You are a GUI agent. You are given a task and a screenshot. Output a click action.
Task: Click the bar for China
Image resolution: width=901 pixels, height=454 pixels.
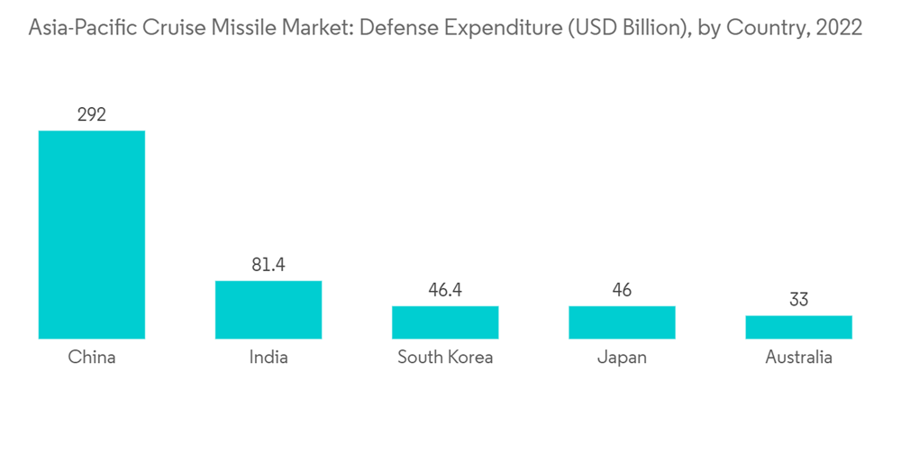pyautogui.click(x=91, y=234)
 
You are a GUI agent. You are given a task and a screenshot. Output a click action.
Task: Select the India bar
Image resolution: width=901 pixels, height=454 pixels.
pyautogui.click(x=268, y=309)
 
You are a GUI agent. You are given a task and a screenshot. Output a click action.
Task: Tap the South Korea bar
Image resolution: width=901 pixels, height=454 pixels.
pyautogui.click(x=445, y=322)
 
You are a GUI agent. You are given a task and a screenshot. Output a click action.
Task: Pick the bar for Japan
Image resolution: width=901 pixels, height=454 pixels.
pyautogui.click(x=622, y=322)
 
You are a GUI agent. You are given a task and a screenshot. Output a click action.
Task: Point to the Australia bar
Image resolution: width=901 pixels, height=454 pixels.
pyautogui.click(x=798, y=327)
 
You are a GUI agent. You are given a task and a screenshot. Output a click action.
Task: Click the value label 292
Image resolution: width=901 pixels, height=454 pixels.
pyautogui.click(x=91, y=114)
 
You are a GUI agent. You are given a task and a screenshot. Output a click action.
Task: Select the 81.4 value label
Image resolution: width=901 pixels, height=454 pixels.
pyautogui.click(x=268, y=265)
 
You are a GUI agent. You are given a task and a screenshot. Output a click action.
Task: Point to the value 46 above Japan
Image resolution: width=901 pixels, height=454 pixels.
pyautogui.click(x=622, y=290)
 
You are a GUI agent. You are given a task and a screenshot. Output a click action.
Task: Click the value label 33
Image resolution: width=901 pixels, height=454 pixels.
pyautogui.click(x=798, y=300)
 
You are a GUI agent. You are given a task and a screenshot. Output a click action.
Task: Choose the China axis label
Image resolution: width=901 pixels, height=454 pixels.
pyautogui.click(x=91, y=358)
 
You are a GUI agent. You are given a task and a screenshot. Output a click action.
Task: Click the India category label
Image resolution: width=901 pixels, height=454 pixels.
pyautogui.click(x=268, y=358)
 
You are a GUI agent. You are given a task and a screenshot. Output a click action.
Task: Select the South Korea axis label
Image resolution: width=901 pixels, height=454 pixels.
pyautogui.click(x=445, y=358)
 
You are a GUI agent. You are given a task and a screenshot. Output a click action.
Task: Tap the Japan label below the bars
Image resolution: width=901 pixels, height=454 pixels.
pyautogui.click(x=622, y=358)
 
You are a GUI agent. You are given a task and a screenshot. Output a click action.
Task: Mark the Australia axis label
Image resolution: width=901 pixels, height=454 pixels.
pyautogui.click(x=798, y=358)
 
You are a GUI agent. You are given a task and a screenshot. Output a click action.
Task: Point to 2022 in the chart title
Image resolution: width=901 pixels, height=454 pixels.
pyautogui.click(x=838, y=29)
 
